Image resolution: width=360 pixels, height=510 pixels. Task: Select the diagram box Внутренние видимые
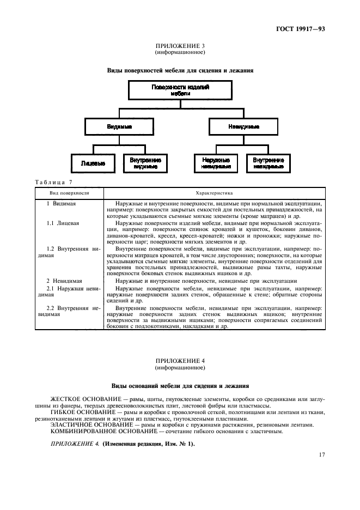click(x=145, y=163)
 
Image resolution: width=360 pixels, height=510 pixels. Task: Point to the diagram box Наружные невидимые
click(x=215, y=163)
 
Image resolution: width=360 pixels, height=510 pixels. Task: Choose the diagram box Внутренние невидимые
click(x=269, y=163)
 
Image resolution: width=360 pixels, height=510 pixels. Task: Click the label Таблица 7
click(x=53, y=182)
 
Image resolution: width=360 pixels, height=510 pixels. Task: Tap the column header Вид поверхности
click(x=69, y=193)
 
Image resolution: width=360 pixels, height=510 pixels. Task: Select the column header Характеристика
click(x=214, y=193)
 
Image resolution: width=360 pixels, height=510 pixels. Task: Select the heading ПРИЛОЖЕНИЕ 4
click(x=180, y=361)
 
